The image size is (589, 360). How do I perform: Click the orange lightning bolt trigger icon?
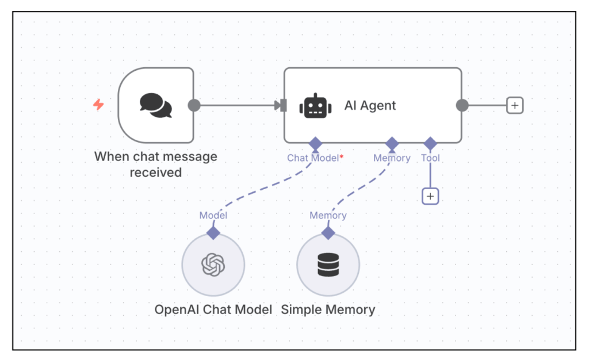98,105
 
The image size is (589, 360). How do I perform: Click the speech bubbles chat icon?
156,106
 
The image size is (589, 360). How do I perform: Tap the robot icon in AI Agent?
316,106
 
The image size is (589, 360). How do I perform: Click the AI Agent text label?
370,106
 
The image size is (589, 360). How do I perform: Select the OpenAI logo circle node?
213,265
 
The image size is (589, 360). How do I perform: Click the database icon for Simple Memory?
328,265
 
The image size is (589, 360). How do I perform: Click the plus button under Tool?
430,196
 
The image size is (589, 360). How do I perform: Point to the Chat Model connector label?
312,158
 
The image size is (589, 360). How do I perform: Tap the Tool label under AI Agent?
430,158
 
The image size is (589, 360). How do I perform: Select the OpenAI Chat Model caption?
213,309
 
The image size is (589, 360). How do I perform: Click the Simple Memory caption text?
328,309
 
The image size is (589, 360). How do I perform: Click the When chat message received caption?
155,164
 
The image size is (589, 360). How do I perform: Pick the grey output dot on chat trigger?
194,105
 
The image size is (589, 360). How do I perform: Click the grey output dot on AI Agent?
462,105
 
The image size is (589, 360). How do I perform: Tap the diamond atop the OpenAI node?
213,233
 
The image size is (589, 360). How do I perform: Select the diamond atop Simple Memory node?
328,233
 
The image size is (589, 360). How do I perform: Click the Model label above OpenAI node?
213,216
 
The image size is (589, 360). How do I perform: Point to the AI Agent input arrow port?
281,105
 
